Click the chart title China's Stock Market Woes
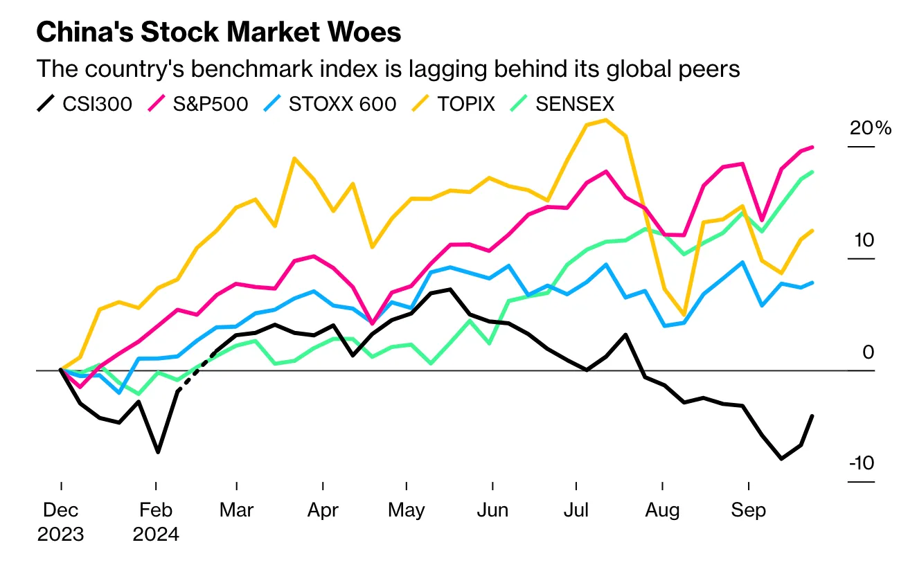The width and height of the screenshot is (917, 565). (218, 33)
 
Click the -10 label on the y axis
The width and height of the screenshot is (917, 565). (862, 463)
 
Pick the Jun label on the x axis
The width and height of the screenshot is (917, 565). (492, 511)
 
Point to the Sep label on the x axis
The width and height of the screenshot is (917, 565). (749, 511)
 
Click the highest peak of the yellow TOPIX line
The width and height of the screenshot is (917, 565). (606, 120)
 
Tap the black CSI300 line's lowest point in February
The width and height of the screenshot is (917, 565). (158, 452)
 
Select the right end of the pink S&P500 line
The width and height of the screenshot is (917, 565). (812, 147)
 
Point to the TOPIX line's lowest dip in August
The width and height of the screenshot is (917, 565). (684, 315)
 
